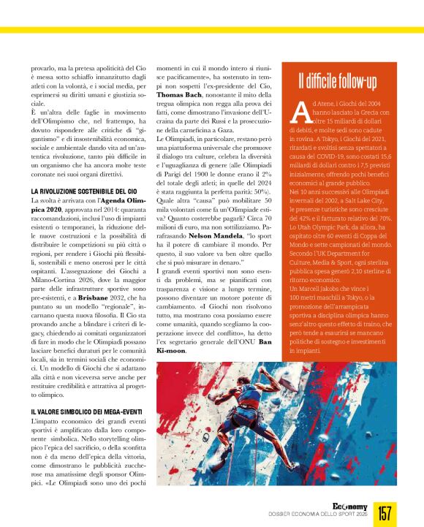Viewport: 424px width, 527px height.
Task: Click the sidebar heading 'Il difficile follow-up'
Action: pyautogui.click(x=337, y=80)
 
